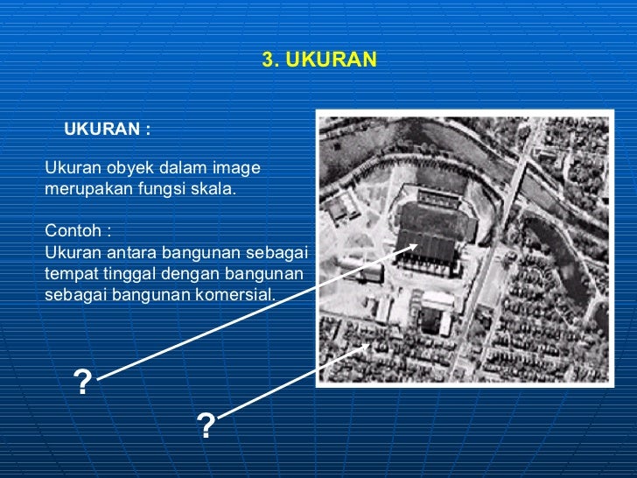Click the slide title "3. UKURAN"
(319, 60)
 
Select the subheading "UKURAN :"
(108, 130)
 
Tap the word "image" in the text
(238, 166)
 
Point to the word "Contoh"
(73, 232)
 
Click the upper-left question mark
(83, 383)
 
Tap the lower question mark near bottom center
(206, 426)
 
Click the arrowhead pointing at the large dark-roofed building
(413, 248)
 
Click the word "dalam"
(185, 166)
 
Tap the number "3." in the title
(270, 60)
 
